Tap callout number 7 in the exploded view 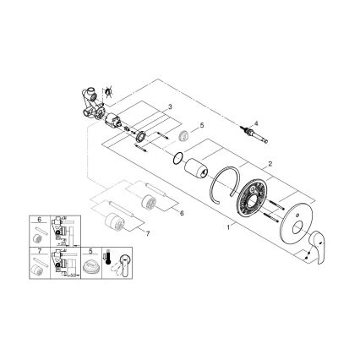[149, 232]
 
